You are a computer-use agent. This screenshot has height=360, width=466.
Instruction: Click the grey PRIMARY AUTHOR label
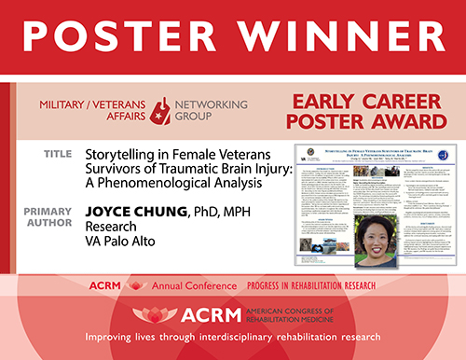(x=52, y=204)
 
